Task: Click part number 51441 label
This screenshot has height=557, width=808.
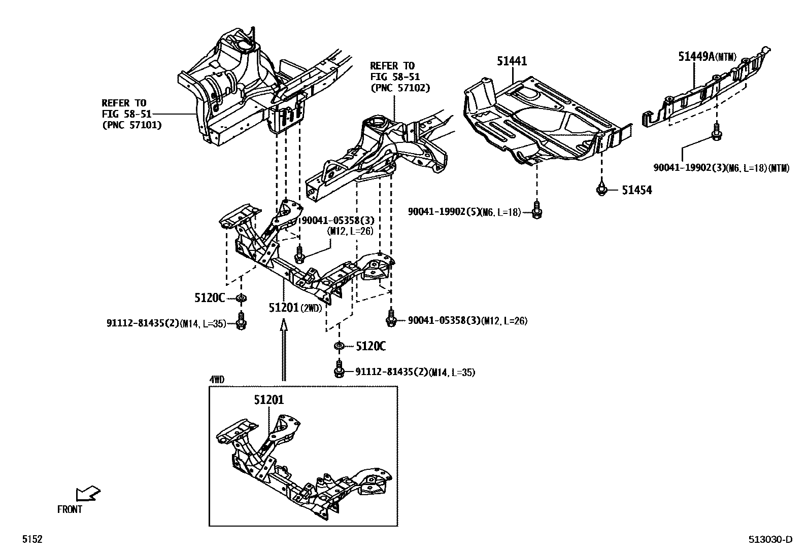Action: point(512,61)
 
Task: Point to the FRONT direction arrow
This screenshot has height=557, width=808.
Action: point(88,493)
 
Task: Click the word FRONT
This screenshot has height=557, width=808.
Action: point(70,509)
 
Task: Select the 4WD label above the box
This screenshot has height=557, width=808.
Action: point(217,379)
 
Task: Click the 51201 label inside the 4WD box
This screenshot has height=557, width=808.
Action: point(269,400)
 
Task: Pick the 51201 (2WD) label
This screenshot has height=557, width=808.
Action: point(295,308)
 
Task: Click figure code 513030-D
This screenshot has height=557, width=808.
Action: point(769,540)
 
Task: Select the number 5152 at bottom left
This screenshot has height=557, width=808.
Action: point(31,540)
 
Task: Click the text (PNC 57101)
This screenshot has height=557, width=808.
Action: point(132,125)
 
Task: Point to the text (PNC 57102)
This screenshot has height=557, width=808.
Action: point(400,88)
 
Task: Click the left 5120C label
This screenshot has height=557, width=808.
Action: point(209,298)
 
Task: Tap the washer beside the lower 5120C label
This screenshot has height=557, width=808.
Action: point(339,346)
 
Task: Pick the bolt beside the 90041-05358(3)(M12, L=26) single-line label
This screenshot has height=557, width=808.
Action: point(391,318)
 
